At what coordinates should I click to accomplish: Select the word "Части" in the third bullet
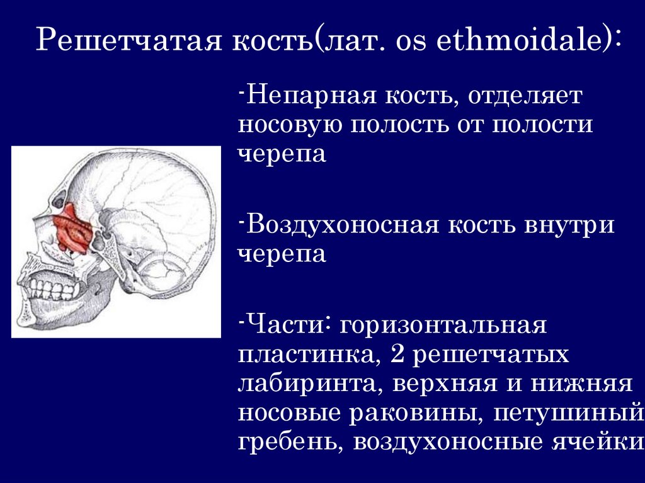coord(287,326)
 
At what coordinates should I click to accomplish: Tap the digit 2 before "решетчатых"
coord(396,355)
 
